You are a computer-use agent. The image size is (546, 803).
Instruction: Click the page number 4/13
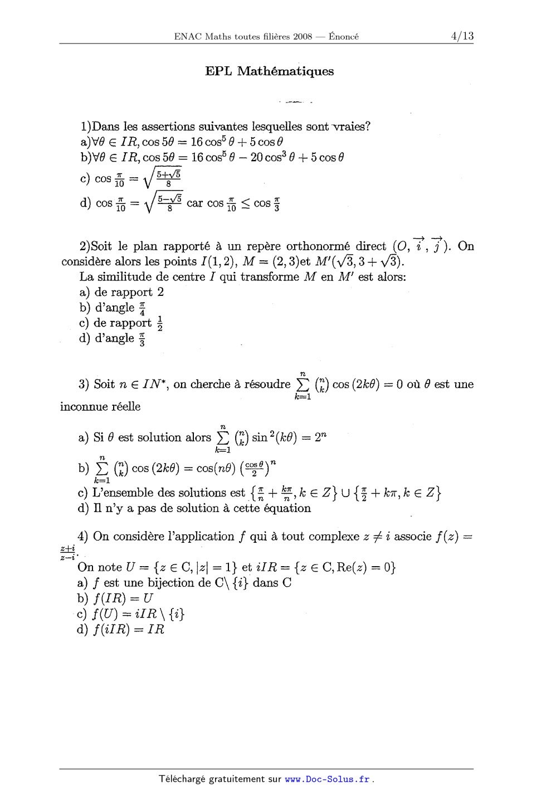click(x=462, y=36)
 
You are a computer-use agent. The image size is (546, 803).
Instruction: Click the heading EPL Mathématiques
click(x=270, y=71)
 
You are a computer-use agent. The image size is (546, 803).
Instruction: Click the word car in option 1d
click(x=194, y=203)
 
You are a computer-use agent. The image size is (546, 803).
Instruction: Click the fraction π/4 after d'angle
click(x=142, y=308)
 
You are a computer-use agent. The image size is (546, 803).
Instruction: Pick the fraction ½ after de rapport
click(x=160, y=324)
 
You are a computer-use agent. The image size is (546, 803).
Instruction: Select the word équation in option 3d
click(x=288, y=508)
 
